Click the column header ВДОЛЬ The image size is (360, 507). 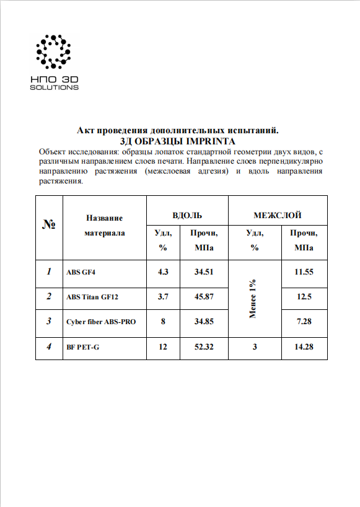(x=187, y=216)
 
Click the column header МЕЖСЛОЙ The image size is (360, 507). (x=277, y=216)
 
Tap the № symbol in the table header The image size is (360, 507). (x=49, y=225)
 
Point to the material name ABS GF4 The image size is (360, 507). (x=81, y=271)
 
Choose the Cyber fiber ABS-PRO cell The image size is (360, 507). (x=101, y=322)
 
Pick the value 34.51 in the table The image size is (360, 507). (x=204, y=271)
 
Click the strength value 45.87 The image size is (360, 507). (x=204, y=297)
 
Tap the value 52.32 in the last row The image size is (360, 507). (x=204, y=347)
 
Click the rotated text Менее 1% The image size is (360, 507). (x=253, y=299)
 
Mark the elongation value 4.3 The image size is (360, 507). (x=163, y=271)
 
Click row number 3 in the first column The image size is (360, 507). (x=49, y=322)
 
